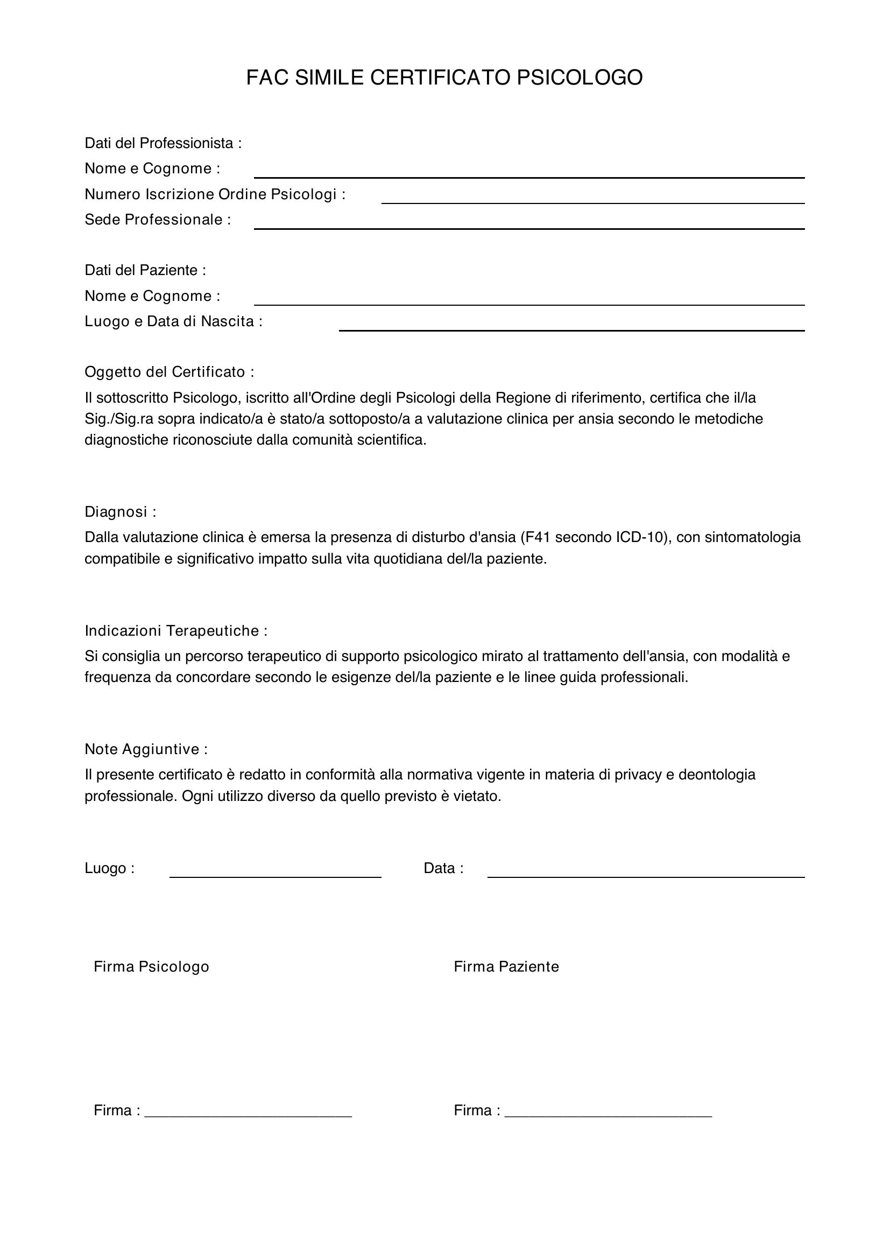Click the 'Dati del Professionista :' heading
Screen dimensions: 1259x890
(163, 143)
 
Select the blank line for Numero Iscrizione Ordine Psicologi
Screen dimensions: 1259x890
(592, 202)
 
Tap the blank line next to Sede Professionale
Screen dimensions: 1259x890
(529, 228)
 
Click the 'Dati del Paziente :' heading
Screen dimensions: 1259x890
(145, 270)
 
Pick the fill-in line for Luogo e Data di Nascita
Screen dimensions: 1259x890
(571, 329)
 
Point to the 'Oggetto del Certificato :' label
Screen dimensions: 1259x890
(169, 372)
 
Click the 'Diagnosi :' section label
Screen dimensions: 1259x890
(121, 511)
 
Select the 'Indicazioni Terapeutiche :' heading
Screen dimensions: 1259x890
(176, 631)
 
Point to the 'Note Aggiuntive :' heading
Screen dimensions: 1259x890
(146, 749)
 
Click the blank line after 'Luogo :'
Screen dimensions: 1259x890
(275, 876)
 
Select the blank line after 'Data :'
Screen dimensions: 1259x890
(646, 876)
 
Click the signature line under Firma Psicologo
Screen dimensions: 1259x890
(248, 1115)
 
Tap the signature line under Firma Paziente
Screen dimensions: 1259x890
(608, 1115)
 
